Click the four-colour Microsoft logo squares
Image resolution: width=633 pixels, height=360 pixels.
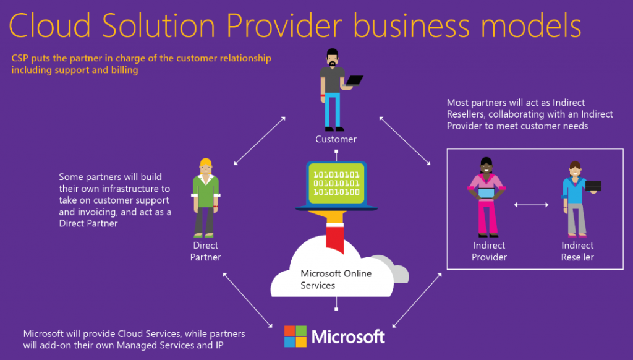(x=295, y=336)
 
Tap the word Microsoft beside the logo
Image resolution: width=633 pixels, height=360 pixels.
(x=349, y=336)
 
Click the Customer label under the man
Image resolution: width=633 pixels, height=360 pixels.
(x=336, y=139)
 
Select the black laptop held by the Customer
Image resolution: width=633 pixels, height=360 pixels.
(x=354, y=80)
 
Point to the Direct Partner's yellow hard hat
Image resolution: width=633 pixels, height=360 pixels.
(x=206, y=163)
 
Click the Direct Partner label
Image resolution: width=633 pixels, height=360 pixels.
(x=205, y=251)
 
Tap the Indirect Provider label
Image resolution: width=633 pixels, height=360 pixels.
(x=489, y=251)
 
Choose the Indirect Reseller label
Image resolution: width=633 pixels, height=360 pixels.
(x=577, y=251)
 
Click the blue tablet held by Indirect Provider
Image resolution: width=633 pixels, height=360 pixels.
(x=486, y=194)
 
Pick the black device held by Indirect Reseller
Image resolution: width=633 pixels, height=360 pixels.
(x=593, y=186)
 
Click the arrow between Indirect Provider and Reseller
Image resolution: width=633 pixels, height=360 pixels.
(x=531, y=205)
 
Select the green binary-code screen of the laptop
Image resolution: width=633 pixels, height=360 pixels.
(x=337, y=184)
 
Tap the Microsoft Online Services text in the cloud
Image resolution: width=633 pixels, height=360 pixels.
(x=336, y=279)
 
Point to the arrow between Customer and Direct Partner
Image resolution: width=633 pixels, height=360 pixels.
(x=260, y=141)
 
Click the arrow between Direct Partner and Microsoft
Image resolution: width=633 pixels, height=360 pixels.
(x=247, y=300)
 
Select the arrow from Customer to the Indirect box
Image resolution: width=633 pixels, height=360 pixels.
(x=405, y=141)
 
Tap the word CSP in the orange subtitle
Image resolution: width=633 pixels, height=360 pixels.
(x=20, y=58)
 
